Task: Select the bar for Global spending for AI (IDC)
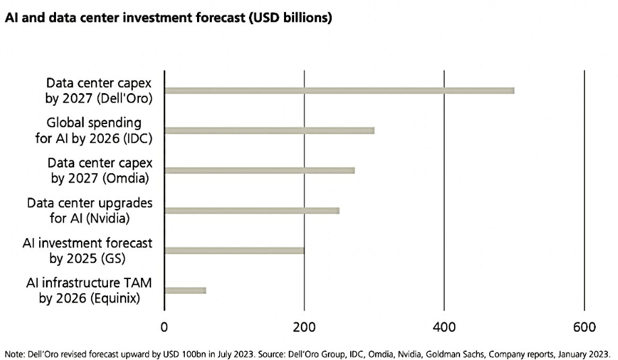269,130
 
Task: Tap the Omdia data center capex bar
259,170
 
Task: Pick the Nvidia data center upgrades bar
252,210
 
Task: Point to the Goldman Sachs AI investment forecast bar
234,251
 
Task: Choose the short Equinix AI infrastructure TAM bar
185,291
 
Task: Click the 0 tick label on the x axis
164,328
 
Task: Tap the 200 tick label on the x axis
304,328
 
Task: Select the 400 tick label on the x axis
444,328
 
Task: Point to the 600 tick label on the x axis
584,328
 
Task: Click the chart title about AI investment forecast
168,18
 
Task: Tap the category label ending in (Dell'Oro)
99,90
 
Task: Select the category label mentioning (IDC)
99,130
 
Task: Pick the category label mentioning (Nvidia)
90,210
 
